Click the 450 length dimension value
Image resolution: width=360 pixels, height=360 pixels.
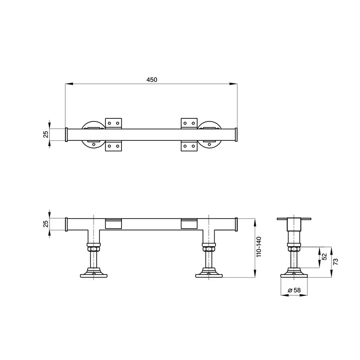coord(152,80)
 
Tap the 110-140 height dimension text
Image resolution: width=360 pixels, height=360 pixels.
coord(259,247)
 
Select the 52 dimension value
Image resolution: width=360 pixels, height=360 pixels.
coord(324,256)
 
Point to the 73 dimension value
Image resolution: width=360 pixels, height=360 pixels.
coord(336,261)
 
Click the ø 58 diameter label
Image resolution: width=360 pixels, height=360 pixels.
coord(294,290)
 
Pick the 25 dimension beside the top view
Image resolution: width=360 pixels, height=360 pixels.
coord(46,134)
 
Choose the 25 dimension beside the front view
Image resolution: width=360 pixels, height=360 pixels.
coord(46,224)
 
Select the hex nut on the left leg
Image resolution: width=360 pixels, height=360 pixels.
coord(94,249)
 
